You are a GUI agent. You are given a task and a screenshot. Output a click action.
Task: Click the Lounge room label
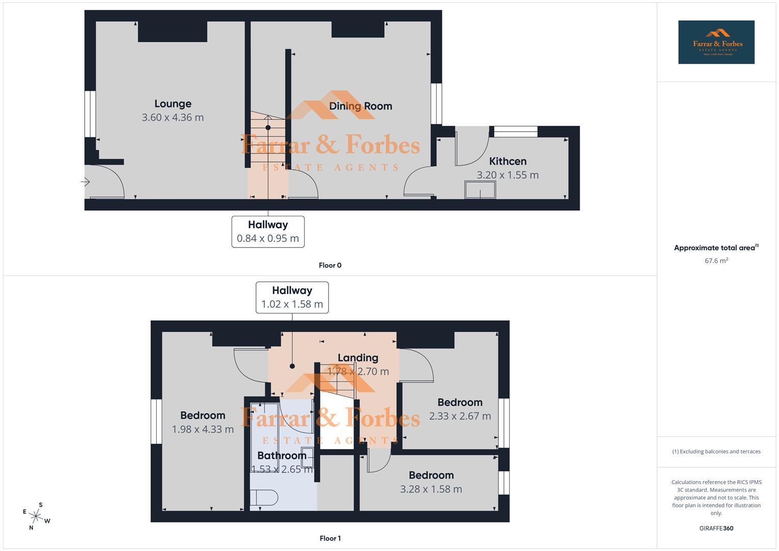(x=173, y=104)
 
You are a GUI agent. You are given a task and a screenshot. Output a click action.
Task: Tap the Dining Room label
(x=360, y=106)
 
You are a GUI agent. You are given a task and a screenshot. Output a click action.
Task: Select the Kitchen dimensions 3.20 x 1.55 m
(x=507, y=175)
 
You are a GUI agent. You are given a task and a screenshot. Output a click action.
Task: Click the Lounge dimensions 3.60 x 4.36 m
(x=172, y=117)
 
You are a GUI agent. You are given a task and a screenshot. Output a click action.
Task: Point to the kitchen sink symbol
(x=480, y=190)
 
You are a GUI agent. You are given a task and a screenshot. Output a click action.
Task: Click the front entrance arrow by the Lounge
(x=85, y=182)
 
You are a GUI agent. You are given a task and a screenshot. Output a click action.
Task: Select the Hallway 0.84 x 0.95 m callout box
(x=268, y=232)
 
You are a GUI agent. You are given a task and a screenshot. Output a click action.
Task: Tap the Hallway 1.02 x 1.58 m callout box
(x=292, y=297)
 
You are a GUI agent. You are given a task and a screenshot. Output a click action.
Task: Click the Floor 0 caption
(x=330, y=265)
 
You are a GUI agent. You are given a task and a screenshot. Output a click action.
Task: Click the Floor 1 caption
(x=330, y=538)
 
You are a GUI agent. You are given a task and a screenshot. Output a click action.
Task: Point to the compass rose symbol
(x=36, y=516)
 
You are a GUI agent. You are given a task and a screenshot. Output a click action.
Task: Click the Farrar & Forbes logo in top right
(x=716, y=42)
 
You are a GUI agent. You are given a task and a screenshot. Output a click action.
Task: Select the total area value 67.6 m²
(x=716, y=261)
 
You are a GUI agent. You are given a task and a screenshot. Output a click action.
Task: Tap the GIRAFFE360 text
(x=716, y=529)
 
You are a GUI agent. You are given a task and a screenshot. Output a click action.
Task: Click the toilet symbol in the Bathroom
(x=264, y=498)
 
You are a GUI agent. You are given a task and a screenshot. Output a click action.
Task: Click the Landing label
(x=358, y=358)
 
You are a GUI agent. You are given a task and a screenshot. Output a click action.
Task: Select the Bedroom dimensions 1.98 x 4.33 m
(x=203, y=430)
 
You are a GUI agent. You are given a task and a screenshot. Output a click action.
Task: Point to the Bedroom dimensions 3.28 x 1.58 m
(x=431, y=489)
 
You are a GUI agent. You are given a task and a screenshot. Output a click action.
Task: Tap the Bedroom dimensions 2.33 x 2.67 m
(x=460, y=416)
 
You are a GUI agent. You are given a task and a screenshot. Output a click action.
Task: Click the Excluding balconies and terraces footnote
(x=716, y=452)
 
